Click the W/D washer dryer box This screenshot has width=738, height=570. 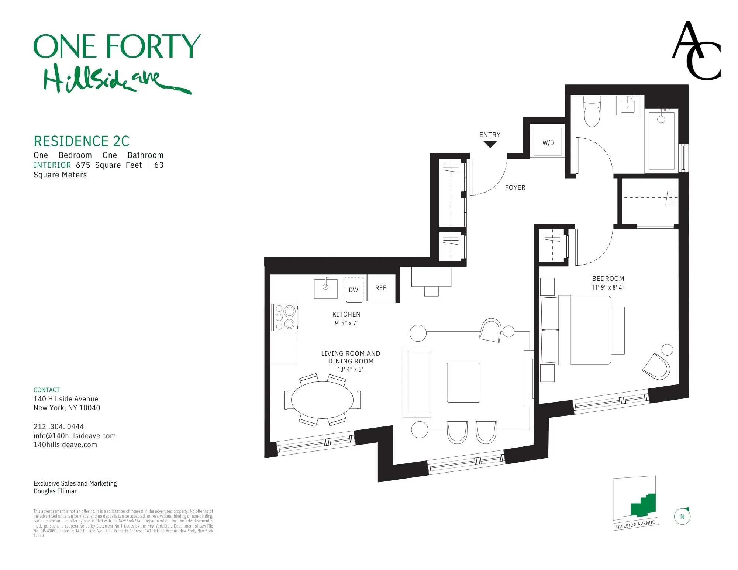coord(548,142)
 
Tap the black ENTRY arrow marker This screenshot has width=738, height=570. coord(490,145)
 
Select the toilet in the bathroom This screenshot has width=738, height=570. coord(592,111)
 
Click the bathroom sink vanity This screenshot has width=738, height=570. coord(627,106)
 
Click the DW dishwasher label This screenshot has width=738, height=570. coord(354,290)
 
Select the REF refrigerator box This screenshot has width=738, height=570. coord(381,288)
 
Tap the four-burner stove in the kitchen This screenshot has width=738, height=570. coord(284,317)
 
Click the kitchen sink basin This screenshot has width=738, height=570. coord(325,289)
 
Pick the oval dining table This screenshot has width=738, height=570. coord(322,400)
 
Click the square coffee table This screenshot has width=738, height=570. coord(463,383)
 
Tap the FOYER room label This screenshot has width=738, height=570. coord(515,187)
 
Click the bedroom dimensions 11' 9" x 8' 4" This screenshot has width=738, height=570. coord(608,287)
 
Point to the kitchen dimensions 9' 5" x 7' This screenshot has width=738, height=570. coord(346,323)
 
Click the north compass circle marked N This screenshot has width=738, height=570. coord(682,517)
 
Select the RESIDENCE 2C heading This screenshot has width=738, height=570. coord(82,141)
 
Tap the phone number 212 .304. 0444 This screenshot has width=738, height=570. coord(59,426)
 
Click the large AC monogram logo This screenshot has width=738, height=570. coord(696,51)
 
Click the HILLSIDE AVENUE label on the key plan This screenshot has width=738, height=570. coord(635,524)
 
